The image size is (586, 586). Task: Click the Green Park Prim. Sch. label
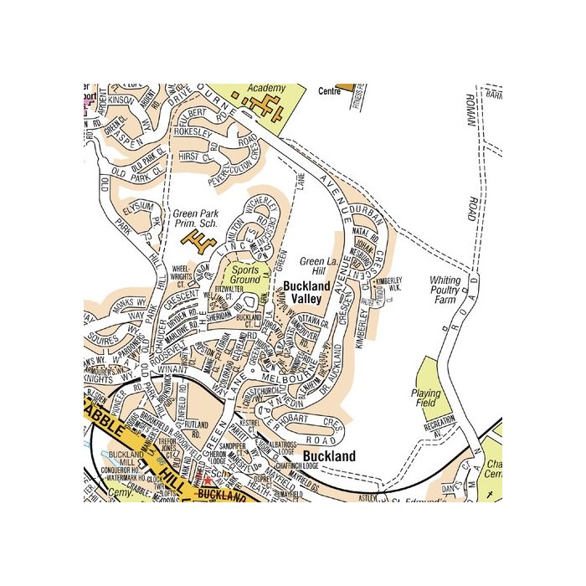(196, 219)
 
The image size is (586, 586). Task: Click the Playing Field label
(425, 398)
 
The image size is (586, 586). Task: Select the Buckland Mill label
(124, 458)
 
